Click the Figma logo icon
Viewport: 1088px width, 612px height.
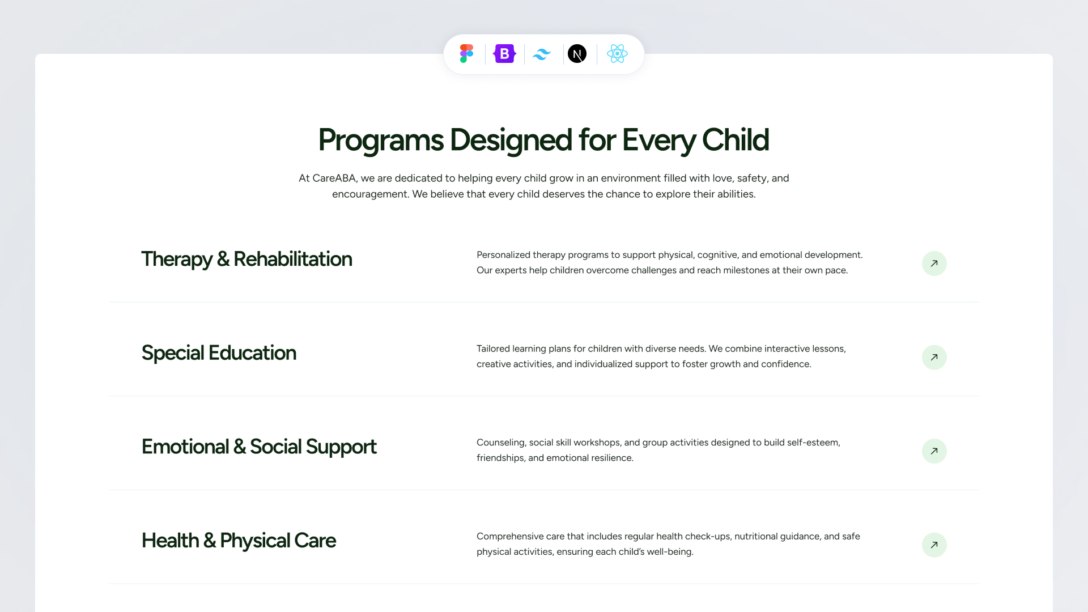coord(466,54)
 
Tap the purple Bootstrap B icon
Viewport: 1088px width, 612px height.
coord(504,54)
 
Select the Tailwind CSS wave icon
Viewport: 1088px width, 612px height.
coord(542,54)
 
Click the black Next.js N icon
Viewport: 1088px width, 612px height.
coord(577,54)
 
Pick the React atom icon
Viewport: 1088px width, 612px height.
coord(617,54)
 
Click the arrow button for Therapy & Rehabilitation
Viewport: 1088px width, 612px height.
coord(934,263)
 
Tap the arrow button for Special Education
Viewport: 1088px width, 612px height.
coord(934,358)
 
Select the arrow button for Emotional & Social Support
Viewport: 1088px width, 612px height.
coord(934,451)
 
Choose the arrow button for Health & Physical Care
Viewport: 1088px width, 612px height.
coord(934,545)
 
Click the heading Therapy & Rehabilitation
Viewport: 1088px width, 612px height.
coord(246,260)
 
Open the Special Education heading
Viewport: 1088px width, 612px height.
coord(219,353)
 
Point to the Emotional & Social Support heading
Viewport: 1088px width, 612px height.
coord(259,447)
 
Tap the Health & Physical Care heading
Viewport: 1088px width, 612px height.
coord(239,541)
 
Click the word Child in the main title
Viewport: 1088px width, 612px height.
coord(736,139)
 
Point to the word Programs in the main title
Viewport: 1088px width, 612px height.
coord(381,141)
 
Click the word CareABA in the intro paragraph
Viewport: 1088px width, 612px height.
coord(334,178)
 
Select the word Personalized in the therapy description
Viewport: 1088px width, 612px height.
coord(503,255)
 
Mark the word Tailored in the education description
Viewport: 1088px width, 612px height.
coord(493,348)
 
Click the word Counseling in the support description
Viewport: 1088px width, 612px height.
coord(501,443)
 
